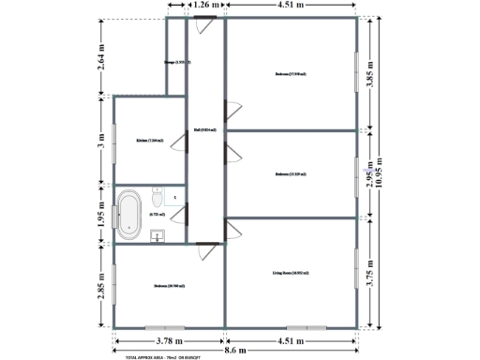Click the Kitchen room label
(149, 141)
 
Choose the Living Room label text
(291, 273)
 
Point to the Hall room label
(205, 130)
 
